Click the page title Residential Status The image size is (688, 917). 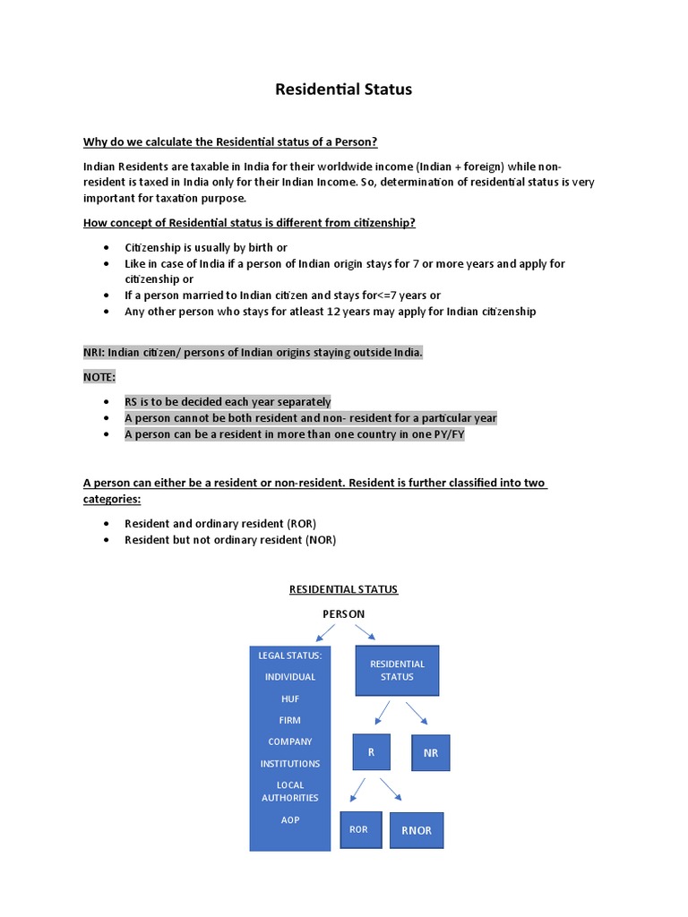point(343,90)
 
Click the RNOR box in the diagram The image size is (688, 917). point(416,830)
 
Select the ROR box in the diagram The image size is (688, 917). point(359,829)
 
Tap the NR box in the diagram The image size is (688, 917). point(430,753)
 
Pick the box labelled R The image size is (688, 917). point(371,752)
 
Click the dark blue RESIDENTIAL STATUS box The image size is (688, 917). point(397,670)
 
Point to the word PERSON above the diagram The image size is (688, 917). point(343,614)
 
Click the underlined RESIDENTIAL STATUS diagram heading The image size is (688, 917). point(343,589)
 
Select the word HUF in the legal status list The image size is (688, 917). point(290,698)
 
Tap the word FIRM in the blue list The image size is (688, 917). point(290,720)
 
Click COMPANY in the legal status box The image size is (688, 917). point(290,741)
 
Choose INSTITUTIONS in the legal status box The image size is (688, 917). point(290,764)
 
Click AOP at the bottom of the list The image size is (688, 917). point(290,819)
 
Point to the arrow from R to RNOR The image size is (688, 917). point(391,789)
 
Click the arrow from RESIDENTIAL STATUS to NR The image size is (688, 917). point(416,713)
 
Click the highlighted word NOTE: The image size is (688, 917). point(99,377)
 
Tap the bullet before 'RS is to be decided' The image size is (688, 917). point(107,402)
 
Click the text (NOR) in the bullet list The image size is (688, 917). point(321,539)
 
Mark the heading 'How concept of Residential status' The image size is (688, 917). point(249,223)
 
